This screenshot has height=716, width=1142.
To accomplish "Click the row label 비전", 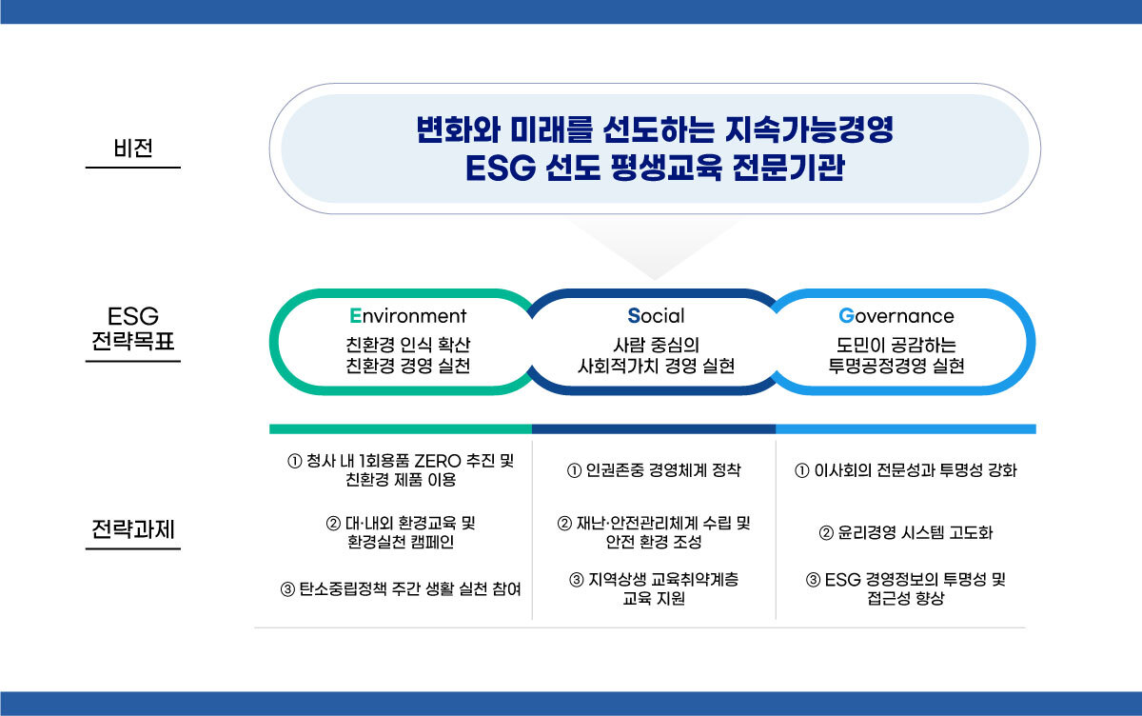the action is (x=133, y=148).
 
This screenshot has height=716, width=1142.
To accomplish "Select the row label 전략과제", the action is (x=133, y=528).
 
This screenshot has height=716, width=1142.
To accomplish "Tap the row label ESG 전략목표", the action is (x=133, y=328).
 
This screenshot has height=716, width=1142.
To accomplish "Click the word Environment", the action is (x=408, y=316).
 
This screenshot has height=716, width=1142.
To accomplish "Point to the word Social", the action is (x=656, y=316).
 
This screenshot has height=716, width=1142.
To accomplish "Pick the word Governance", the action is (x=896, y=316).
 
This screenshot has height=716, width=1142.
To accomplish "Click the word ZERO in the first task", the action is (x=438, y=461).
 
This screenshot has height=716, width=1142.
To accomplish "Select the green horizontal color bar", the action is (x=401, y=428).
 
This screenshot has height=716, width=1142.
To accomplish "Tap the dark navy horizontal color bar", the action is (x=654, y=428).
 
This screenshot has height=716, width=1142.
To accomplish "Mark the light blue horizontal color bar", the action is (x=906, y=428).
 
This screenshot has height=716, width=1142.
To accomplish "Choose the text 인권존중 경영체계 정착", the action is (x=663, y=469).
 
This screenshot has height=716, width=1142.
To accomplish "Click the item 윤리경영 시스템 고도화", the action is (x=916, y=533).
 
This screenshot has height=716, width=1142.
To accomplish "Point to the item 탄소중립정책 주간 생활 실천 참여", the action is (x=410, y=589).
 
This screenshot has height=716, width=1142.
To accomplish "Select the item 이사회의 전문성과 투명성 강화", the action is (x=916, y=469).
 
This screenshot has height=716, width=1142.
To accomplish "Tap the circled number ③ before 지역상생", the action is (x=576, y=580).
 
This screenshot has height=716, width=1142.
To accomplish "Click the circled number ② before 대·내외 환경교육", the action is (x=333, y=524).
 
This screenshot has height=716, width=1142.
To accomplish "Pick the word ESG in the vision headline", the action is (x=501, y=169).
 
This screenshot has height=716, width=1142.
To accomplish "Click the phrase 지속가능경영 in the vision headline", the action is (x=809, y=129).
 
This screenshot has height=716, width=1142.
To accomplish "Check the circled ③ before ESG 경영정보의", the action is (x=813, y=580).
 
